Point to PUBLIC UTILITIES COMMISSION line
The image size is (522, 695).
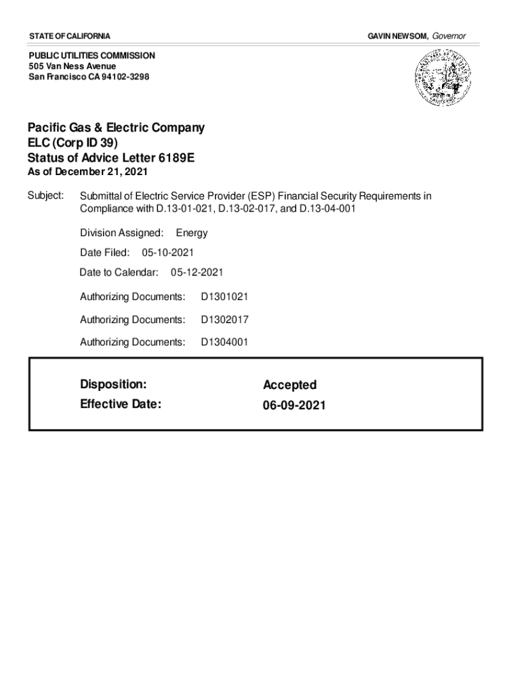tap(92, 55)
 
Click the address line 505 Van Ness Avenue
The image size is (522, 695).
tap(73, 66)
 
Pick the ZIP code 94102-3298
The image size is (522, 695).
tap(124, 77)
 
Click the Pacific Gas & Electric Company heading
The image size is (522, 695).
tap(116, 128)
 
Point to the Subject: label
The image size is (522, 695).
tap(45, 196)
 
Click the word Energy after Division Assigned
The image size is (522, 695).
tap(192, 233)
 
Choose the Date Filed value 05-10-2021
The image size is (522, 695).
tap(168, 252)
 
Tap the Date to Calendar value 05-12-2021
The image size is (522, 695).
tap(197, 272)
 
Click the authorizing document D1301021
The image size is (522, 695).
tap(224, 297)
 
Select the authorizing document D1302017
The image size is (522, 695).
tap(224, 320)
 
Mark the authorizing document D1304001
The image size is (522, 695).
tap(224, 342)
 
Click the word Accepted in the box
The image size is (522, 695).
tap(289, 385)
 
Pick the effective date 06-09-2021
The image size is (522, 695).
tap(294, 405)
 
